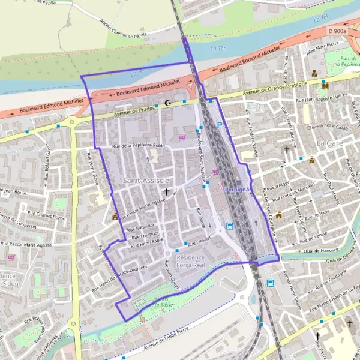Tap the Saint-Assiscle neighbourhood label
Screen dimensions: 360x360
146,180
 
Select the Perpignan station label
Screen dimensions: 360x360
240,188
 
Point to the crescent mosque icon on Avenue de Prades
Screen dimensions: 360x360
167,103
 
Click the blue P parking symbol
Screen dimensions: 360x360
220,125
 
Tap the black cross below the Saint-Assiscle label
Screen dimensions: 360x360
166,192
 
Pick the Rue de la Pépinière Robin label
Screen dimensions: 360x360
137,146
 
